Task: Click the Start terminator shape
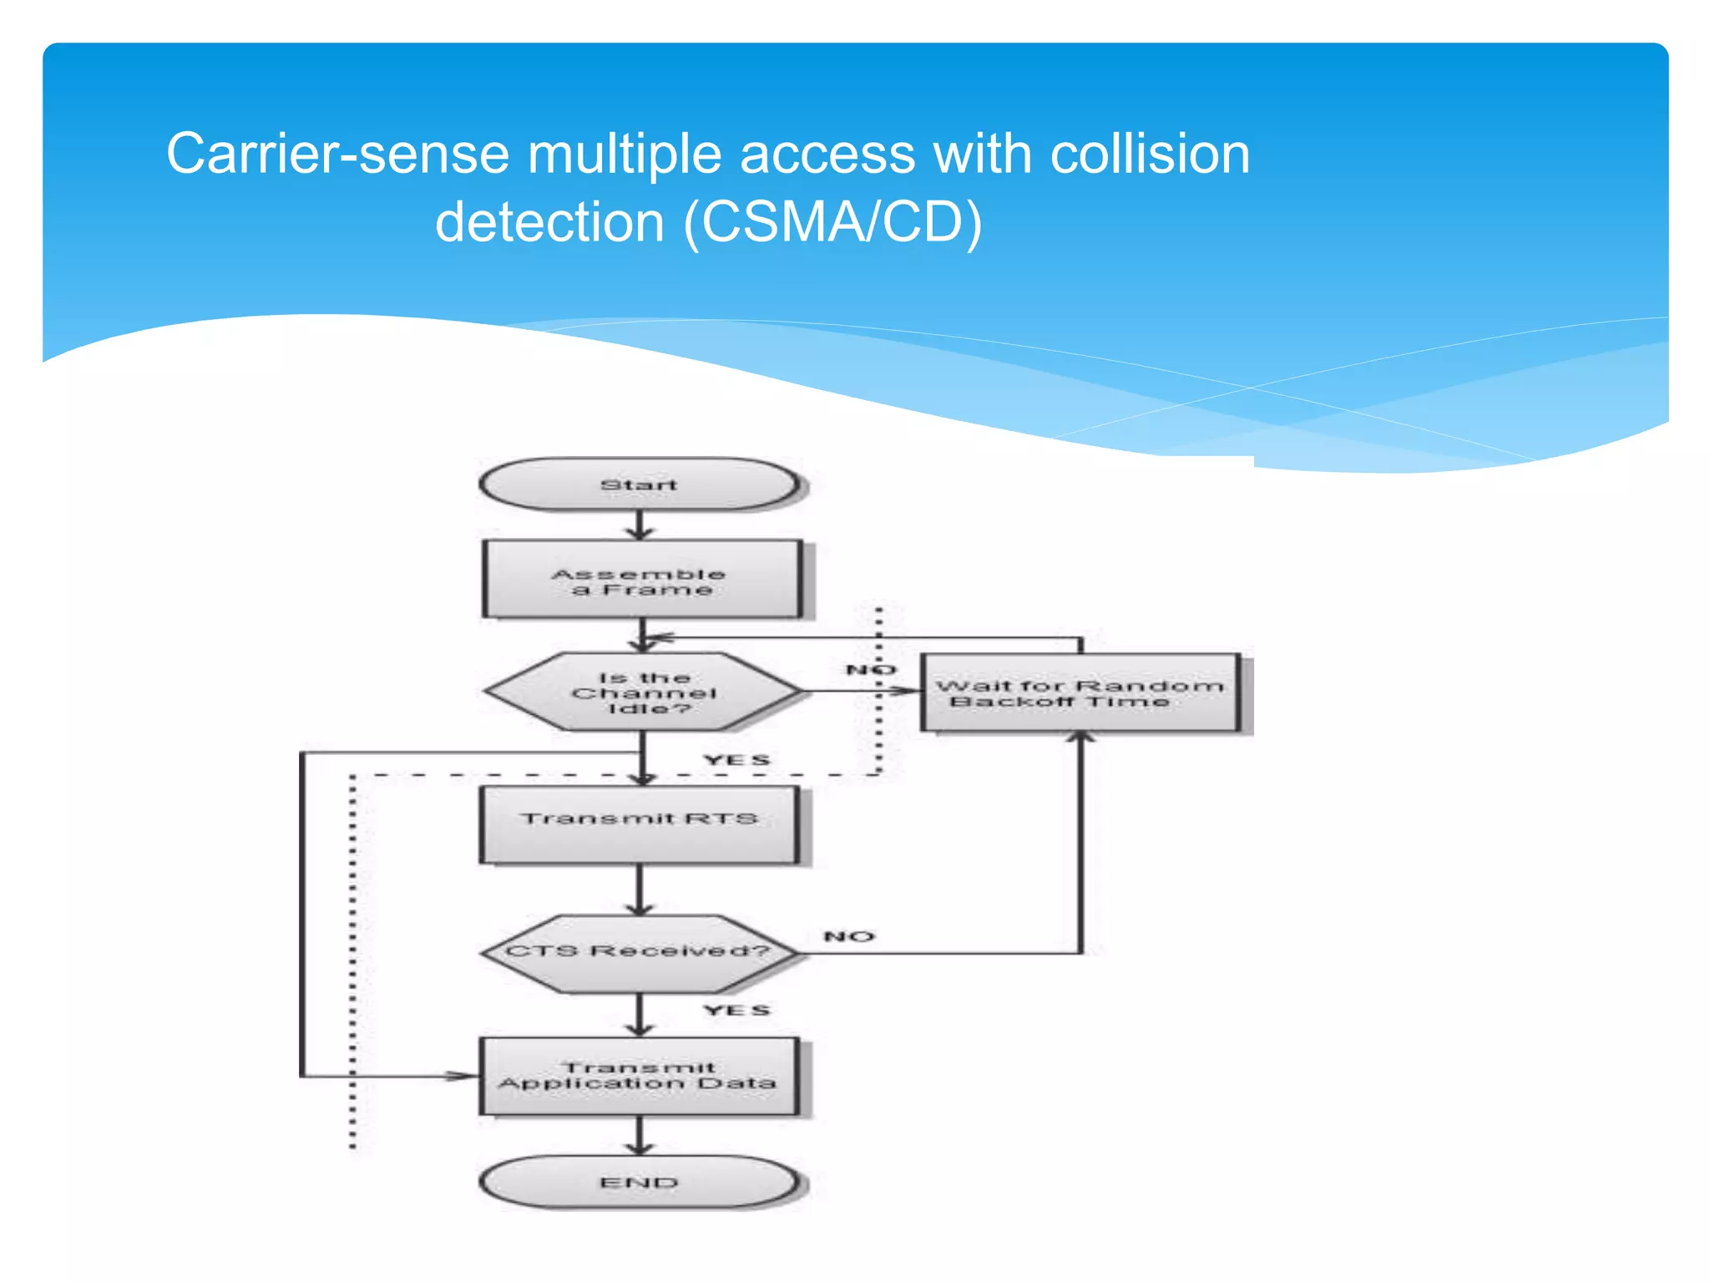pyautogui.click(x=640, y=484)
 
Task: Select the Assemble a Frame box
pyautogui.click(x=641, y=580)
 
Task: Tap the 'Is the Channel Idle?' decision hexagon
pyautogui.click(x=643, y=692)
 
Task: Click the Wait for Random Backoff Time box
pyautogui.click(x=1080, y=693)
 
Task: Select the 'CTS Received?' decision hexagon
pyautogui.click(x=640, y=952)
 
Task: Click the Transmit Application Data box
pyautogui.click(x=640, y=1076)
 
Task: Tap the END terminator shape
pyautogui.click(x=640, y=1182)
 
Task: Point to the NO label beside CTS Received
pyautogui.click(x=849, y=936)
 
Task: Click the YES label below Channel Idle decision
pyautogui.click(x=736, y=760)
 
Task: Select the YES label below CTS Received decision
pyautogui.click(x=736, y=1011)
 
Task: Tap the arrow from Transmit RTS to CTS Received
pyautogui.click(x=640, y=890)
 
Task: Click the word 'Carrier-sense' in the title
pyautogui.click(x=338, y=155)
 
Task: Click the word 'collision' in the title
pyautogui.click(x=1150, y=155)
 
